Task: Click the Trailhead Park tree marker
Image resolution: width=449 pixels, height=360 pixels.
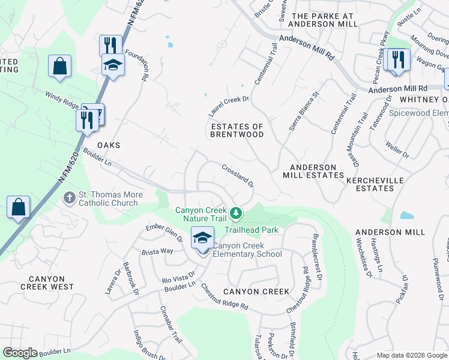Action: (x=237, y=213)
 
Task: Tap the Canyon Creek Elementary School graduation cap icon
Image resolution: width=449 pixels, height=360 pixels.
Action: (x=202, y=238)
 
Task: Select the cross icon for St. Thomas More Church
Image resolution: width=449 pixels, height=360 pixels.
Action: (x=70, y=197)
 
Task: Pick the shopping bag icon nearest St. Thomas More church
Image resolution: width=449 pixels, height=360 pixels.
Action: (x=19, y=208)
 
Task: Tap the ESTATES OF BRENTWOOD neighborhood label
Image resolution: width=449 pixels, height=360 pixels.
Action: (x=237, y=130)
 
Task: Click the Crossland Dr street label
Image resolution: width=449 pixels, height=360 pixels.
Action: (x=238, y=176)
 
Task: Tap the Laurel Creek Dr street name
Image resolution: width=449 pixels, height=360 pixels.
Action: (x=228, y=106)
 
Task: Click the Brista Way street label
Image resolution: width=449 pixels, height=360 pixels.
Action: (x=157, y=251)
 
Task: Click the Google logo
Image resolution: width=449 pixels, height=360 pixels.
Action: (x=20, y=353)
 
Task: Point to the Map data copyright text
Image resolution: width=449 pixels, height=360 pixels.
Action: (x=411, y=355)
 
